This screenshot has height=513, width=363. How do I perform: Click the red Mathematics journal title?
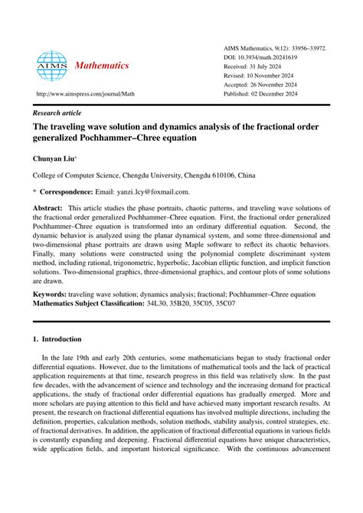coord(101,66)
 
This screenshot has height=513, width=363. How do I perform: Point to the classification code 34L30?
coord(159,304)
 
